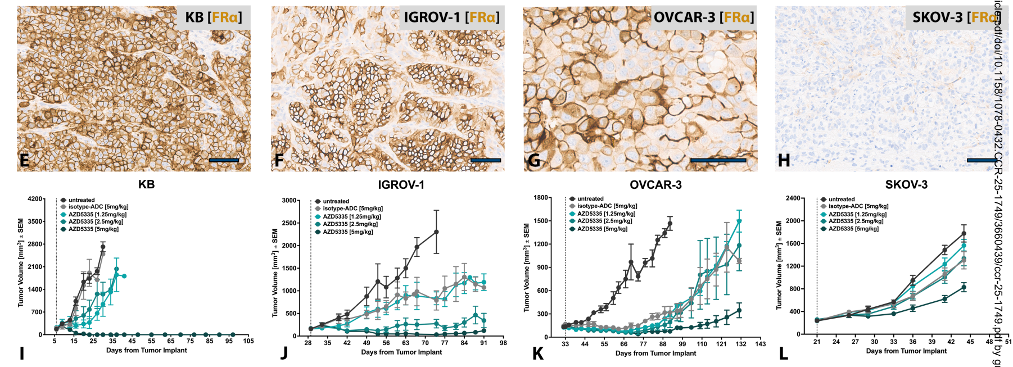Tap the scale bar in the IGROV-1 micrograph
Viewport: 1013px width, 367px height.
485,161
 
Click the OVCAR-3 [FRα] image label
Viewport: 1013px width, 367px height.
703,18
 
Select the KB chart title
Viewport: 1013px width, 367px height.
146,184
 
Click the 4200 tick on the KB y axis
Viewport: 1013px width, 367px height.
35,199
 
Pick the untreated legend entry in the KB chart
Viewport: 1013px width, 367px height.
82,200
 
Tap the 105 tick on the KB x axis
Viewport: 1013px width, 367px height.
248,341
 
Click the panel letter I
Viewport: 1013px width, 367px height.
21,353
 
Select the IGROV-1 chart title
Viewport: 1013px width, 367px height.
401,185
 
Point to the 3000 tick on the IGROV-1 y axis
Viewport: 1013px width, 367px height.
290,201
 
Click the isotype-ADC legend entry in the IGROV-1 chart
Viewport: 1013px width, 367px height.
352,209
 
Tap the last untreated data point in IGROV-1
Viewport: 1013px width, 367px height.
436,232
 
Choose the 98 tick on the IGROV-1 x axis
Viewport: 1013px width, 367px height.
503,342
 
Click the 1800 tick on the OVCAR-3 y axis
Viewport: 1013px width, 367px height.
541,198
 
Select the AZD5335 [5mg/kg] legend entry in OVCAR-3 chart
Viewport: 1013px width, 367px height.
602,229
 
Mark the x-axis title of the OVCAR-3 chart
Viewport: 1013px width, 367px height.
655,353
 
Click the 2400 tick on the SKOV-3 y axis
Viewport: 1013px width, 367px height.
793,198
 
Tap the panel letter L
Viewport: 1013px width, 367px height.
783,353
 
